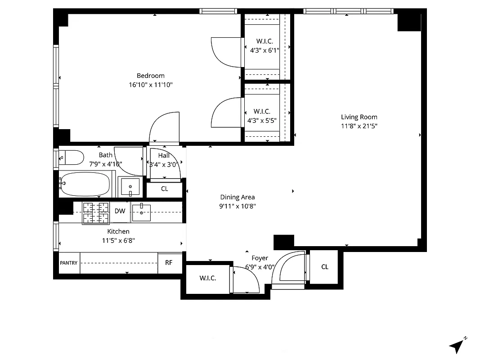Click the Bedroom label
pos(151,76)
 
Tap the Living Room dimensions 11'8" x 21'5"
pos(359,126)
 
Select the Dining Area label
pos(238,197)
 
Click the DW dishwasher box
pos(120,211)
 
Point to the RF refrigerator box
pos(169,263)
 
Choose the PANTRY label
pos(68,263)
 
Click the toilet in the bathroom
pos(72,157)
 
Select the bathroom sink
pos(130,186)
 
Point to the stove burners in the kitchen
pos(96,212)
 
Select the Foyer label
pos(260,258)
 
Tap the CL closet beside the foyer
pos(325,267)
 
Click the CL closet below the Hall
pos(165,189)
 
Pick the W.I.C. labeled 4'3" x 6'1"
pos(265,46)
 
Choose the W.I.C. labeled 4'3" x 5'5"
pos(261,116)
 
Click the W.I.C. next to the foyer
pos(208,278)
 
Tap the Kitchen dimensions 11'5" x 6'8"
pos(118,240)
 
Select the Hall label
pos(164,155)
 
